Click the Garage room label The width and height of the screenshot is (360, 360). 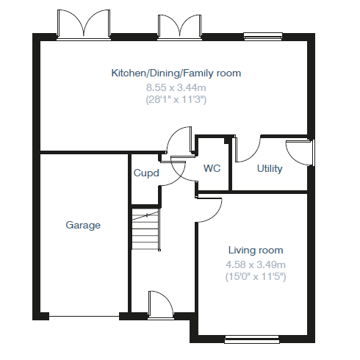tap(83, 225)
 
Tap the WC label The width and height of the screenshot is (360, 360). tap(212, 168)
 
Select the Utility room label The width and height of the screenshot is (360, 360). tap(270, 169)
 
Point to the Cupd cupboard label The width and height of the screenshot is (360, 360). tap(146, 173)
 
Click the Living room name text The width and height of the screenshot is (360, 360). tap(256, 250)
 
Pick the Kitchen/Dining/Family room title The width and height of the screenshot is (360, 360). tap(176, 73)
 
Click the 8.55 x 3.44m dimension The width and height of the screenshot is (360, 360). tap(176, 87)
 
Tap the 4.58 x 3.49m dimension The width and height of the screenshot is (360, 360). tap(256, 264)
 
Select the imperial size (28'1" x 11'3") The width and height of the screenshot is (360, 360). tap(176, 100)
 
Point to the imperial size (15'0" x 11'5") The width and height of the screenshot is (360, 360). tap(256, 277)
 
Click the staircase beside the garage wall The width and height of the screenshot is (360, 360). tap(146, 229)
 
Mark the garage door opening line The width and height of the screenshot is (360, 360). tap(84, 316)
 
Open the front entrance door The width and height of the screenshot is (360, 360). tap(161, 305)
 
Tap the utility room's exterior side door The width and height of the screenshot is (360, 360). tap(300, 153)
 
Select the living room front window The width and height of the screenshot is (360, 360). tap(252, 339)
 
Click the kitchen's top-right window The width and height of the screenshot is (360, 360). tap(263, 36)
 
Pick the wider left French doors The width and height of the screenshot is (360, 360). tap(84, 24)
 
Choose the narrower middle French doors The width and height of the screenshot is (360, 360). tap(179, 27)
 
